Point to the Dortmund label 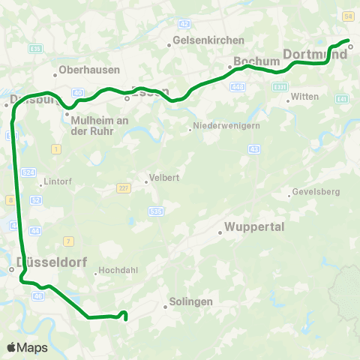tap(313, 54)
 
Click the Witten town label tap(304, 97)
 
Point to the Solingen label tap(193, 301)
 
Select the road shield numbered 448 tap(238, 86)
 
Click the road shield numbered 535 tap(155, 211)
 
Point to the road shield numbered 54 tap(347, 16)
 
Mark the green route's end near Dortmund tap(349, 40)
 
